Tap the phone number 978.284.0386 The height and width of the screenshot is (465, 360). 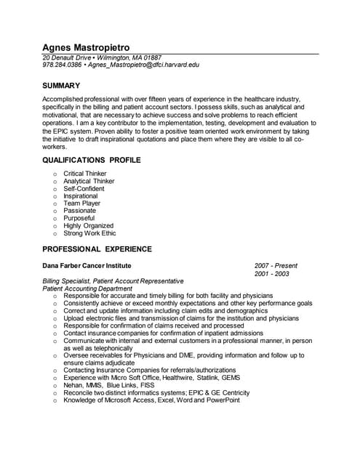[62, 65]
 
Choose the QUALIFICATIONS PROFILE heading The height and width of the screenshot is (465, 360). [92, 160]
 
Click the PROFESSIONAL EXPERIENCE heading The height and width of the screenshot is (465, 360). [97, 249]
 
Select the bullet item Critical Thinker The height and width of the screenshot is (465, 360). [85, 174]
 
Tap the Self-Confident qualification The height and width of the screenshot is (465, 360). [84, 189]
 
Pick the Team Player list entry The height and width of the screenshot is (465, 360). [82, 203]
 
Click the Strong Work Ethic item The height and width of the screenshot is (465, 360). [89, 234]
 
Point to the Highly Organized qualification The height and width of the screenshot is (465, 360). [89, 226]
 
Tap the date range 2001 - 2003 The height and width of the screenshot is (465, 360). [272, 274]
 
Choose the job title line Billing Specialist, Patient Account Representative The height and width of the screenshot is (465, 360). [113, 281]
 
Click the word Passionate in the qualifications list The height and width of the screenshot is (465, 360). [79, 211]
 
